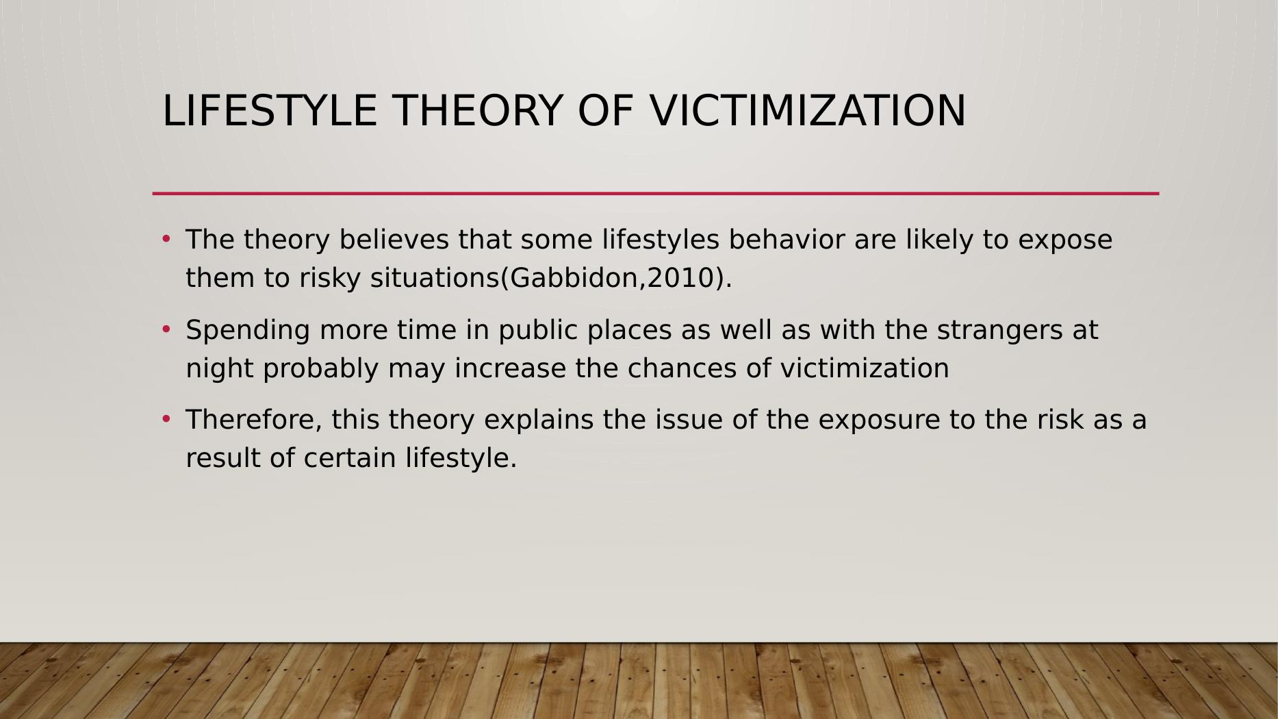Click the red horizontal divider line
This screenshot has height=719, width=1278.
(656, 194)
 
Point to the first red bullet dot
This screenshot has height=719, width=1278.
(166, 239)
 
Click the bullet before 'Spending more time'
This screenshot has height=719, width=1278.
(166, 329)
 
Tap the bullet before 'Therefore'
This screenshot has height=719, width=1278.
(166, 419)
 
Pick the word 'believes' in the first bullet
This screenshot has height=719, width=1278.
(394, 240)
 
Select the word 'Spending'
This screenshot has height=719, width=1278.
(248, 331)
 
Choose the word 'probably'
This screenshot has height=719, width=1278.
(321, 369)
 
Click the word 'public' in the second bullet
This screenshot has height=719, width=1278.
(538, 331)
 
